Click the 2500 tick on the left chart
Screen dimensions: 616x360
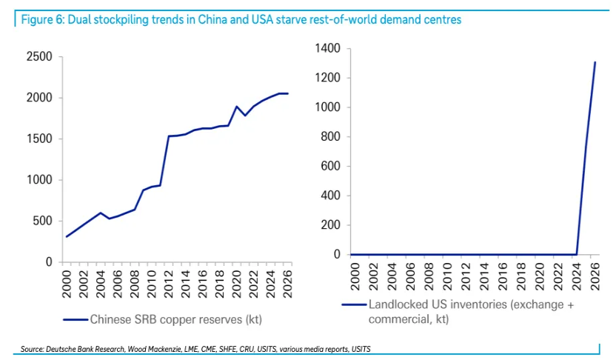click(39, 56)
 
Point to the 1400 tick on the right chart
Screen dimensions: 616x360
click(328, 48)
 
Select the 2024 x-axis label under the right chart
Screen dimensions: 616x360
click(577, 276)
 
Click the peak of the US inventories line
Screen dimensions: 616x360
click(595, 62)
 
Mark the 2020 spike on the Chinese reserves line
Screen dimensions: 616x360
click(236, 106)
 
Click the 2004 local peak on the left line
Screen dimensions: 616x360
click(101, 213)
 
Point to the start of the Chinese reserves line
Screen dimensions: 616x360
click(67, 236)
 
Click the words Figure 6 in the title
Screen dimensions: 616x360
click(42, 20)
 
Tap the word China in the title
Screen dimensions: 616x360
click(212, 20)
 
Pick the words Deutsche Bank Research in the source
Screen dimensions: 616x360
click(85, 349)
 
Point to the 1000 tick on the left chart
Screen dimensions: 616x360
click(39, 179)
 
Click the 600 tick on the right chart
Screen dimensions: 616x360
click(331, 166)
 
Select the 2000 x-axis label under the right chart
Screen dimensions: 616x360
click(355, 276)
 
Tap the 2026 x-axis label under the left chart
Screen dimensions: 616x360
click(287, 284)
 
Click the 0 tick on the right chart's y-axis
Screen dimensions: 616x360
click(337, 254)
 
